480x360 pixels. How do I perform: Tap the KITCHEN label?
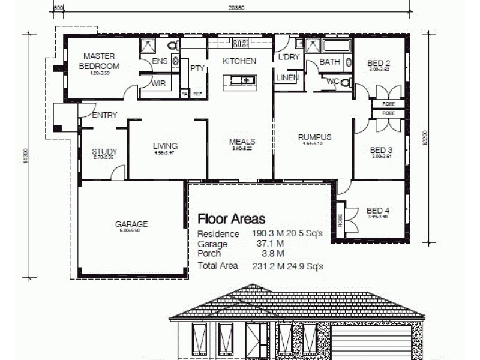[239, 61]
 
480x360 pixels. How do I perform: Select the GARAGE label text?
[131, 224]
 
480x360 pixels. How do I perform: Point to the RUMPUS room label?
[314, 137]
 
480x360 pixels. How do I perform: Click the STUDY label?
[104, 152]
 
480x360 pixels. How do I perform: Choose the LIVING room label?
[164, 145]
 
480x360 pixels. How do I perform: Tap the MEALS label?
[242, 142]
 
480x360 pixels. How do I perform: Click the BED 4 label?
[378, 210]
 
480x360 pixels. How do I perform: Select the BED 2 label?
[379, 63]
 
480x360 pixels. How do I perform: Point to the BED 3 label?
[381, 150]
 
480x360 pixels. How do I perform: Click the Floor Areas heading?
[231, 219]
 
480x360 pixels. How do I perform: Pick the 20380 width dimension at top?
[236, 7]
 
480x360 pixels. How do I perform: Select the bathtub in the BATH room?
[337, 46]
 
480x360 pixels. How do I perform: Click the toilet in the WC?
[344, 83]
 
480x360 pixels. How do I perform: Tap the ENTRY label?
[104, 115]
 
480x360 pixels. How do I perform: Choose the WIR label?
[158, 84]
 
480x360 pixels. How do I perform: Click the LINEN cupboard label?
[287, 77]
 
